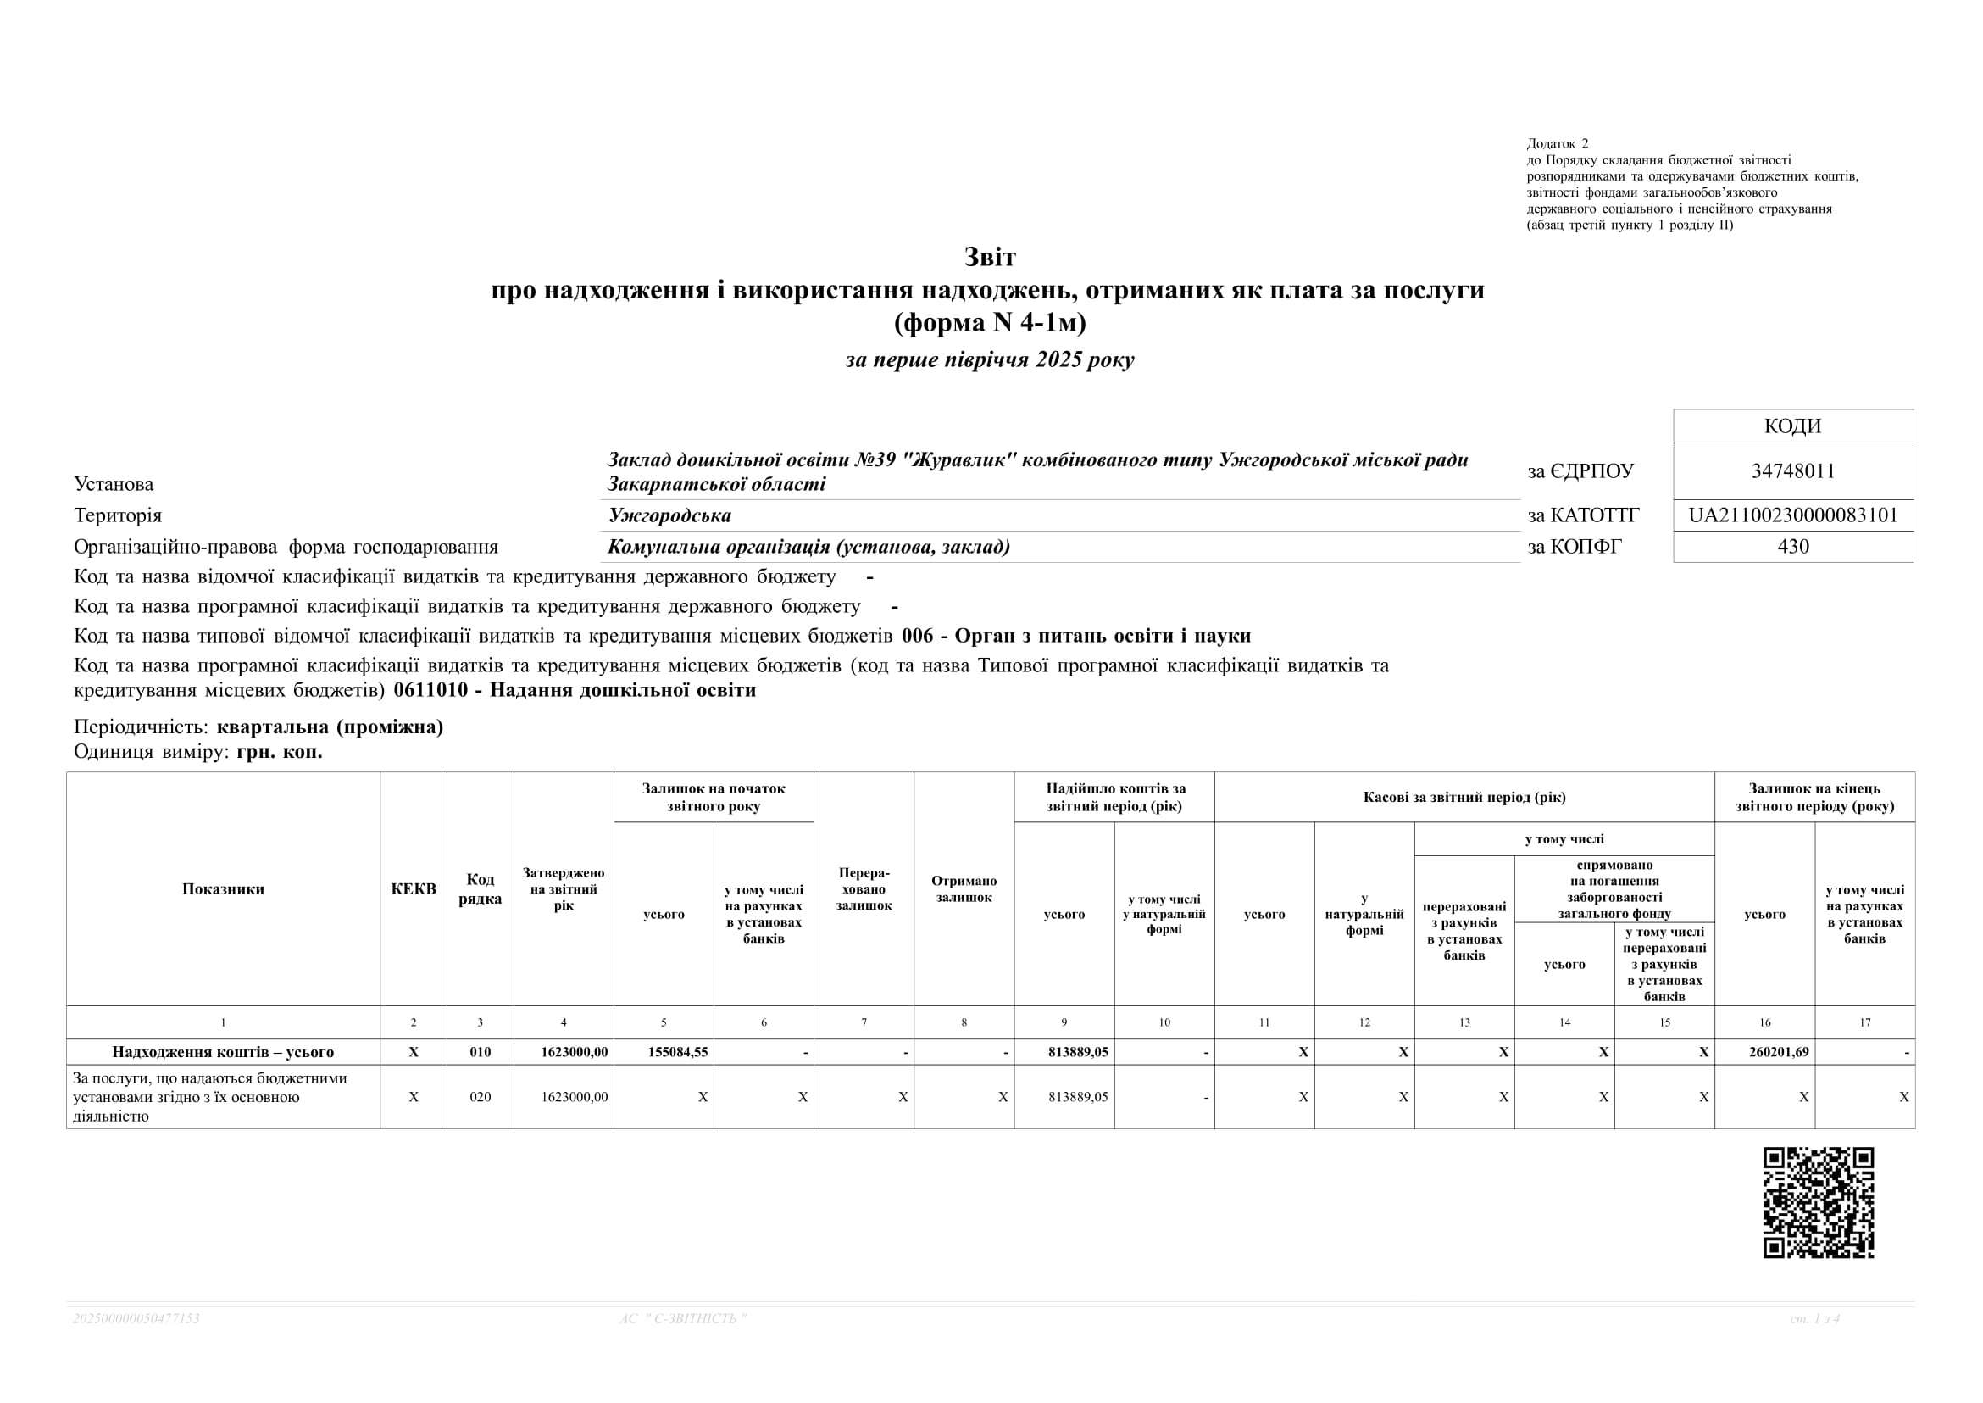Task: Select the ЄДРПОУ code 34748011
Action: (x=1793, y=470)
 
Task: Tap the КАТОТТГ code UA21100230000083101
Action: (x=1793, y=515)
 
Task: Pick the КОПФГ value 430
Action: (x=1793, y=546)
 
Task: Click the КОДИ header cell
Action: (x=1793, y=426)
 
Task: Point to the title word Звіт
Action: (x=990, y=257)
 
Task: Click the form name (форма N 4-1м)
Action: (x=990, y=322)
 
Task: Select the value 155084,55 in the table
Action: (x=678, y=1052)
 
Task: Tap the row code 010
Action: (x=480, y=1052)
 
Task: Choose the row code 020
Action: (x=480, y=1097)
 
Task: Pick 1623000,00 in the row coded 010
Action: (x=575, y=1052)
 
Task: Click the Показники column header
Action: (x=223, y=889)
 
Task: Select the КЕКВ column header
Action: (x=414, y=889)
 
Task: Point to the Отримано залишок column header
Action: (x=964, y=889)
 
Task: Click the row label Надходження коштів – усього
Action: (x=223, y=1052)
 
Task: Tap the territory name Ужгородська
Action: (x=669, y=515)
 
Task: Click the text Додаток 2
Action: (x=1558, y=143)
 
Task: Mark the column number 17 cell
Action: (x=1864, y=1023)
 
